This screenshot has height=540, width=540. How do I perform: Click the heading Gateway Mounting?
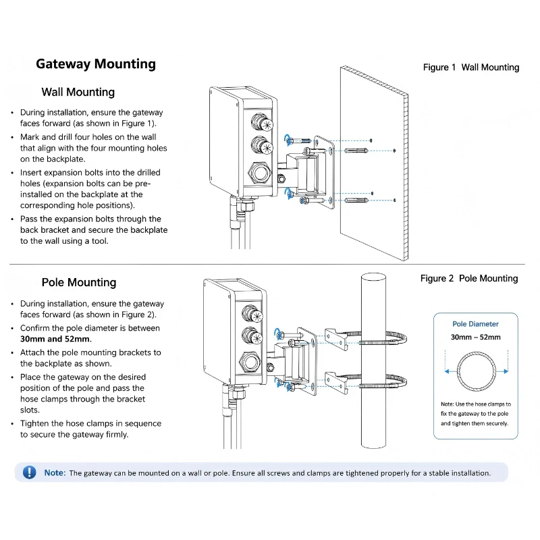(96, 64)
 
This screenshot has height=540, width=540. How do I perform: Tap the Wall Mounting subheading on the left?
(78, 92)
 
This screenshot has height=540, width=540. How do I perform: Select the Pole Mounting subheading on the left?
(79, 282)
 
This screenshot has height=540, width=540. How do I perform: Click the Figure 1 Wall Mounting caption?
(471, 67)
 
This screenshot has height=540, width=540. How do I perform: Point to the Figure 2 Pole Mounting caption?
(469, 278)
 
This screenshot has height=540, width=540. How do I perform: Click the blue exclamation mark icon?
(29, 472)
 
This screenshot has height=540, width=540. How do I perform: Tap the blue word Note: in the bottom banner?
(55, 473)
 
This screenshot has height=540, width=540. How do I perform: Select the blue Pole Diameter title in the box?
(475, 324)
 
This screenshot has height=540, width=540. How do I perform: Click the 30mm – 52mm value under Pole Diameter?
(476, 337)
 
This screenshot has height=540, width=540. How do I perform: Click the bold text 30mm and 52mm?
(55, 339)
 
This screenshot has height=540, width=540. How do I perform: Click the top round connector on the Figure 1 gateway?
(262, 122)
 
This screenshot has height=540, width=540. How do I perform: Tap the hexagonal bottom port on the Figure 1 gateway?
(259, 172)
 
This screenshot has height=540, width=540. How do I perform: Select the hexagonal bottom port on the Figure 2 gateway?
(250, 362)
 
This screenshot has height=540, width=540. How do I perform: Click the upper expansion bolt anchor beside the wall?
(356, 151)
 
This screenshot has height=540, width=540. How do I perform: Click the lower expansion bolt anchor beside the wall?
(356, 200)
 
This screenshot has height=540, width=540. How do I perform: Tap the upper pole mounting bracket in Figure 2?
(336, 340)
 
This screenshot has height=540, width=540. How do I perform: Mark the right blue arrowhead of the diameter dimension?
(506, 371)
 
